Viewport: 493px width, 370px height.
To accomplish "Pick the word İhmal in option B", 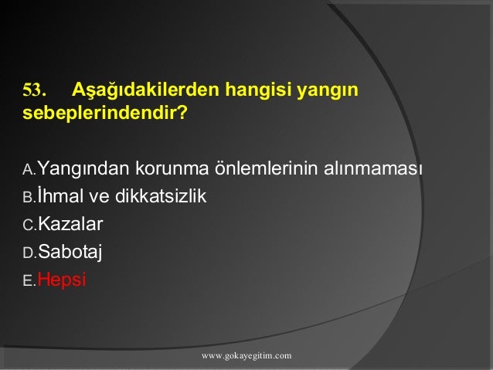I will (x=62, y=196).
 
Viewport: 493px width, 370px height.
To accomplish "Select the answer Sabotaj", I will (x=70, y=253).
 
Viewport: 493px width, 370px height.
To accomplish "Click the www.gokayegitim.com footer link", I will (x=246, y=355).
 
